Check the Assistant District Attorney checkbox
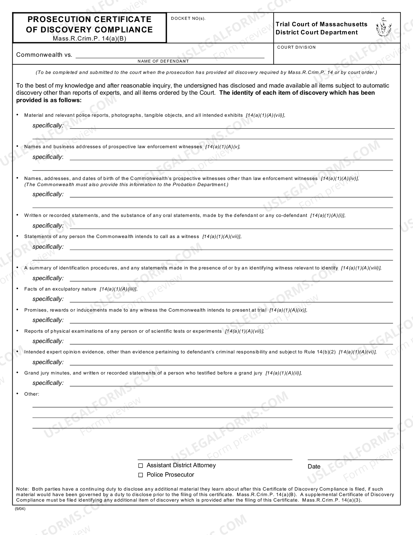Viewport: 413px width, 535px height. click(141, 466)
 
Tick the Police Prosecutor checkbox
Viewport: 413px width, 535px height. click(141, 475)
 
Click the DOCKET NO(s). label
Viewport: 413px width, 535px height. click(188, 18)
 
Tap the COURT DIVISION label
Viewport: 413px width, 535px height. click(296, 47)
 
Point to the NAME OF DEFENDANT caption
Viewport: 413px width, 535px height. click(163, 61)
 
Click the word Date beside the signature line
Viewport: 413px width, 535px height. click(314, 467)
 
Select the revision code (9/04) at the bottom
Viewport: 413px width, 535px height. click(20, 509)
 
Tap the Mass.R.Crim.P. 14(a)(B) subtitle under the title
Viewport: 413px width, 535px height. click(89, 38)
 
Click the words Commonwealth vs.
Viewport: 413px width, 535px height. click(44, 55)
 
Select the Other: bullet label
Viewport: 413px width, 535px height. click(31, 394)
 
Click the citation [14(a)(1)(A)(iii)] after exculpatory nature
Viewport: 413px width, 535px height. click(118, 289)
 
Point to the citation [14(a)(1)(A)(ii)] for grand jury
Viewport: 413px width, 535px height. click(283, 373)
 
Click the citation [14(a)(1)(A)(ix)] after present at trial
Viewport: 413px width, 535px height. click(288, 310)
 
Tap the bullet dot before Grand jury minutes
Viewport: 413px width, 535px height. click(17, 373)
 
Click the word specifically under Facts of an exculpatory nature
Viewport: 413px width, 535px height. click(47, 299)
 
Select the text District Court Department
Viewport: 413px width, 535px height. click(316, 32)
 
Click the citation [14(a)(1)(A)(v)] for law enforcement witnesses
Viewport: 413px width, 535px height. click(223, 147)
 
